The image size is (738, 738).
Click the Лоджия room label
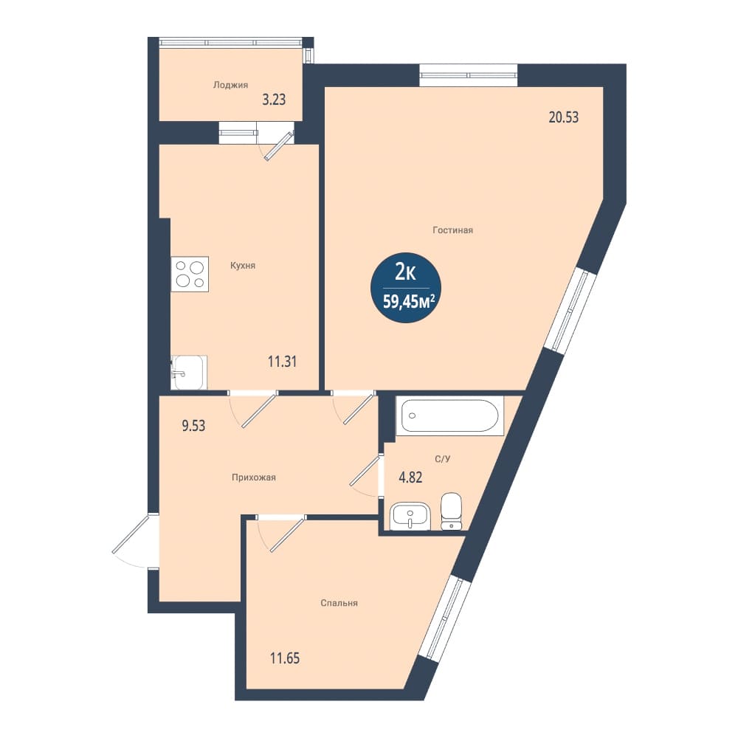point(230,86)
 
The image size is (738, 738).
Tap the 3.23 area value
point(274,100)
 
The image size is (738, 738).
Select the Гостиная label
point(453,230)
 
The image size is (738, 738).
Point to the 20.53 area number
point(564,117)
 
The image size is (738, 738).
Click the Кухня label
point(243,266)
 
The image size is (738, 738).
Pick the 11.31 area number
point(282,362)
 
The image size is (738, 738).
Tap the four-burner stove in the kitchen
point(190,274)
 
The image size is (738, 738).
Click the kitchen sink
point(189,372)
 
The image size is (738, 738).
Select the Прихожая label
point(254,477)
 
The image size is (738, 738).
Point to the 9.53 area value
point(193,426)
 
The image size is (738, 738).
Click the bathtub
point(449,415)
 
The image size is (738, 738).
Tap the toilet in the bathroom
point(452,511)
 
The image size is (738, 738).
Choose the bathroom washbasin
point(410,517)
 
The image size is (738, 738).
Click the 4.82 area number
point(410,477)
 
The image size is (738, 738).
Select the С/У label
point(442,458)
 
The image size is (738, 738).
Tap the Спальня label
point(339,603)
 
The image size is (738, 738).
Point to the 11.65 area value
point(285,658)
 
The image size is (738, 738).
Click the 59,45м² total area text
point(408,301)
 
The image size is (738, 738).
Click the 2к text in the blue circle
point(405,272)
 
